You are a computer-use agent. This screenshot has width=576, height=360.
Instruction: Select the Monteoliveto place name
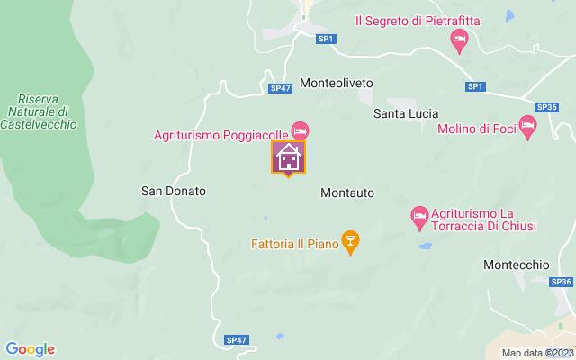[x=336, y=82]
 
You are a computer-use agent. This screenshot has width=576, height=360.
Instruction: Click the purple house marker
[x=288, y=157]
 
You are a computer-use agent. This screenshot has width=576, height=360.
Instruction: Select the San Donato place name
[x=175, y=191]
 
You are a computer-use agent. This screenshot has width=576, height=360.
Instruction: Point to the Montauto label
[x=347, y=193]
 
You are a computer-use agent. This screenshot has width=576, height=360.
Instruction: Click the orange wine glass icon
[x=352, y=241]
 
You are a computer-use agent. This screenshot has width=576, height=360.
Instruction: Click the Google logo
[x=30, y=349]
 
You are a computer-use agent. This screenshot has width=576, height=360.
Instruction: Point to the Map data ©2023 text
[x=536, y=353]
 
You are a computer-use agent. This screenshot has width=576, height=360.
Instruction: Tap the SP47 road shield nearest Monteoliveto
[x=280, y=87]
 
